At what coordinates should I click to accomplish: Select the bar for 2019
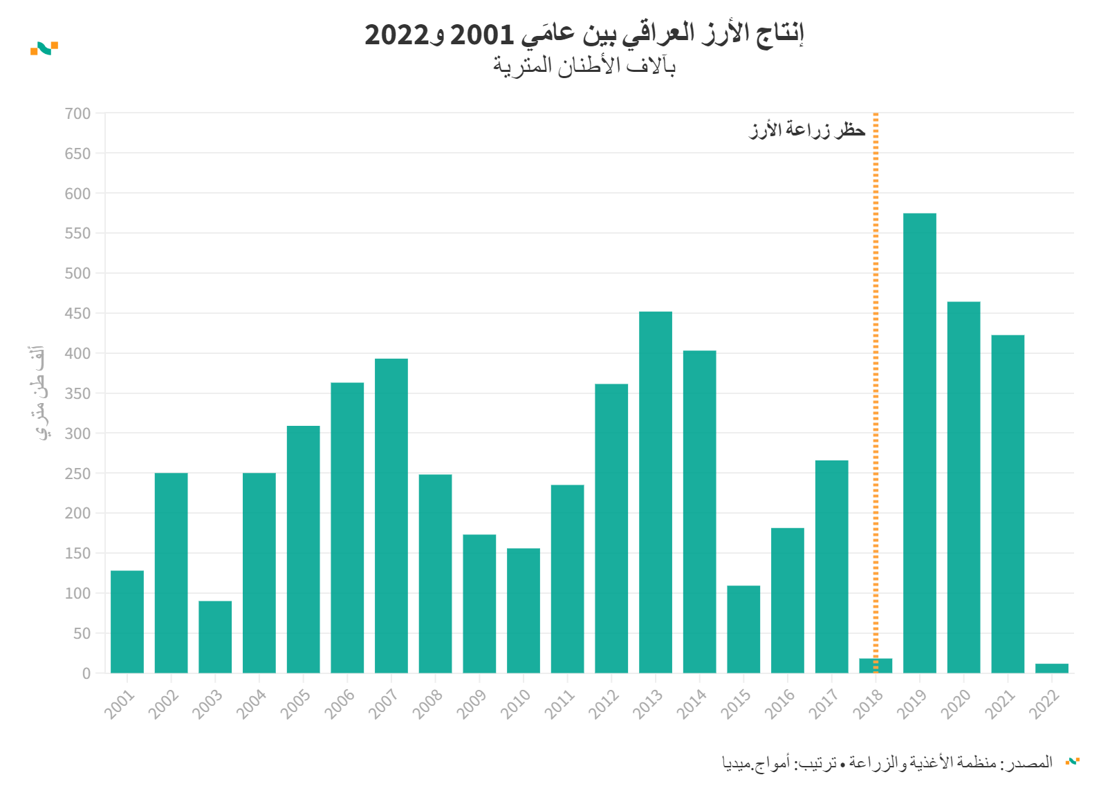919,442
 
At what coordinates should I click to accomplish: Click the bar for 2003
215,637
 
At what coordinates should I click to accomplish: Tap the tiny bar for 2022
1051,668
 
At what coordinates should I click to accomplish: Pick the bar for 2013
655,492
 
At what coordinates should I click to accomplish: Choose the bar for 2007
391,515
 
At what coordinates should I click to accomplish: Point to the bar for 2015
743,629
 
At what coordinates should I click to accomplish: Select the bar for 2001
127,621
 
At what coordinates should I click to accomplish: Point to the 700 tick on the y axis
77,113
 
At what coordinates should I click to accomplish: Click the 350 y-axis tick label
77,393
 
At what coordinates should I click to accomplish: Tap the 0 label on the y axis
86,673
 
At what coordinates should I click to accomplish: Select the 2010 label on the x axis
517,704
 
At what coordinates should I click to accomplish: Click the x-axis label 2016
781,704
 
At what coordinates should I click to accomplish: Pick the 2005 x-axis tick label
297,704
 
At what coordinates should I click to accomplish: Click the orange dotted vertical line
876,346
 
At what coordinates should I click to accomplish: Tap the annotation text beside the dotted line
807,130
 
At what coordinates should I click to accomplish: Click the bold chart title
584,34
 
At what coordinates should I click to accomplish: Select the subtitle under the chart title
584,66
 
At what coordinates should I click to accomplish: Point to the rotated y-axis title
41,393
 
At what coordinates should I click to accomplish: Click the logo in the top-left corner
44,48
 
